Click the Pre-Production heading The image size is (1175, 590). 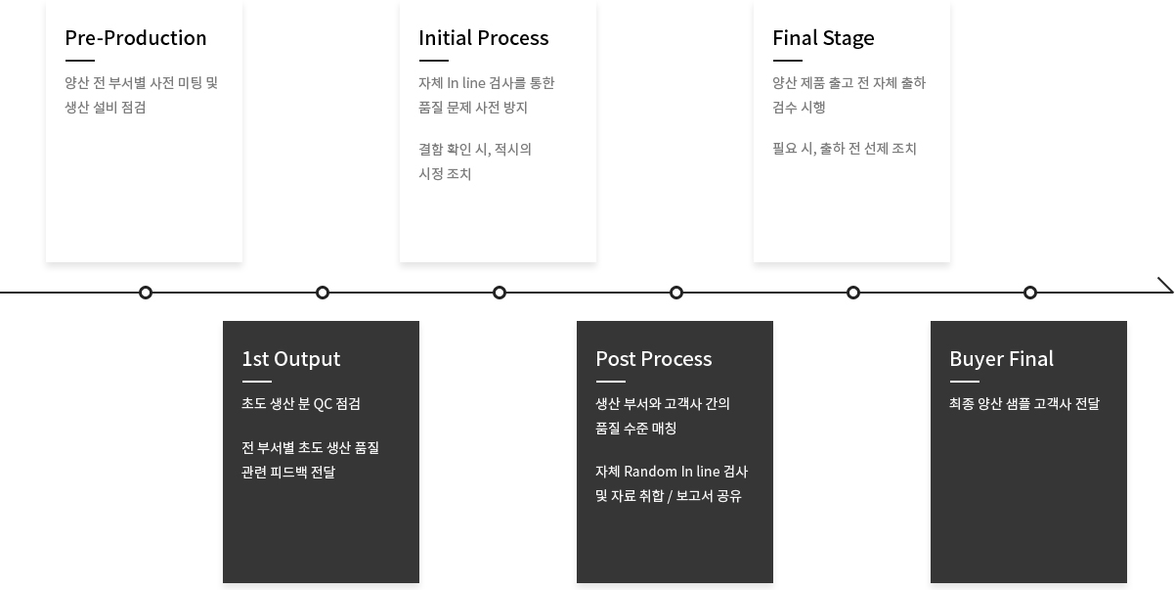click(x=135, y=38)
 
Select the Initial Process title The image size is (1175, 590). click(x=484, y=38)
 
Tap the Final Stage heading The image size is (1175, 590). click(x=823, y=39)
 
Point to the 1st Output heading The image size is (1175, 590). click(x=291, y=359)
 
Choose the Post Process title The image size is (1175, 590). click(x=654, y=359)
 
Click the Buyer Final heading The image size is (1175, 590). click(x=1001, y=359)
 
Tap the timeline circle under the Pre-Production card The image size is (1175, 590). click(x=146, y=293)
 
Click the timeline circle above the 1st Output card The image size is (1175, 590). click(x=323, y=293)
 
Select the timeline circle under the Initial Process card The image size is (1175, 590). click(x=500, y=293)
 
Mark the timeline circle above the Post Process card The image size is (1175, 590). click(x=676, y=293)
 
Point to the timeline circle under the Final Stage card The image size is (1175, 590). click(x=853, y=293)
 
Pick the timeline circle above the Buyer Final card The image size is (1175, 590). click(x=1030, y=293)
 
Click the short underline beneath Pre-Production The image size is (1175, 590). click(x=80, y=61)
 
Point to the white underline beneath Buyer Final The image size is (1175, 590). click(x=965, y=382)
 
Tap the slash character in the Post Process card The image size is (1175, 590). click(x=670, y=497)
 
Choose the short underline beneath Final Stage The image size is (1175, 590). click(x=787, y=61)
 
